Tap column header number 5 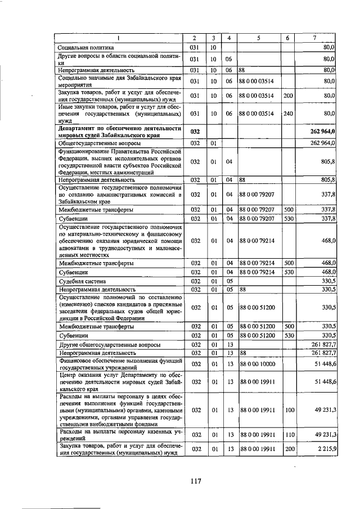[258, 38]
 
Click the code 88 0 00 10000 [256, 364]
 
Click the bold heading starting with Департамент [119, 132]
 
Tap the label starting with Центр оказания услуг [119, 381]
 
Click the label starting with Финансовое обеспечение [119, 364]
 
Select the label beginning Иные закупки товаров [119, 113]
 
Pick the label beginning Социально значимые [119, 81]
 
